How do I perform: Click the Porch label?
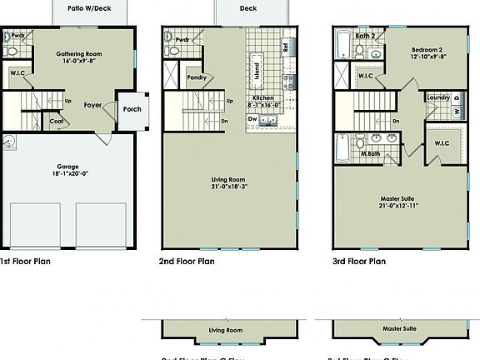[132, 108]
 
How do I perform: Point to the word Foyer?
[92, 105]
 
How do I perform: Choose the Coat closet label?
[57, 121]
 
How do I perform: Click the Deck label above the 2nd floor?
[248, 8]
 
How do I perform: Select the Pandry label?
[197, 77]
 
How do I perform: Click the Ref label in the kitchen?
[286, 47]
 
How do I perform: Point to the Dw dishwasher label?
[252, 118]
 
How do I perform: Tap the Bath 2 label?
[364, 36]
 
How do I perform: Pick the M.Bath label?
[371, 154]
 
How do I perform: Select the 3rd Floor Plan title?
[359, 261]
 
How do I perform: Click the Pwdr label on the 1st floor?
[17, 36]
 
